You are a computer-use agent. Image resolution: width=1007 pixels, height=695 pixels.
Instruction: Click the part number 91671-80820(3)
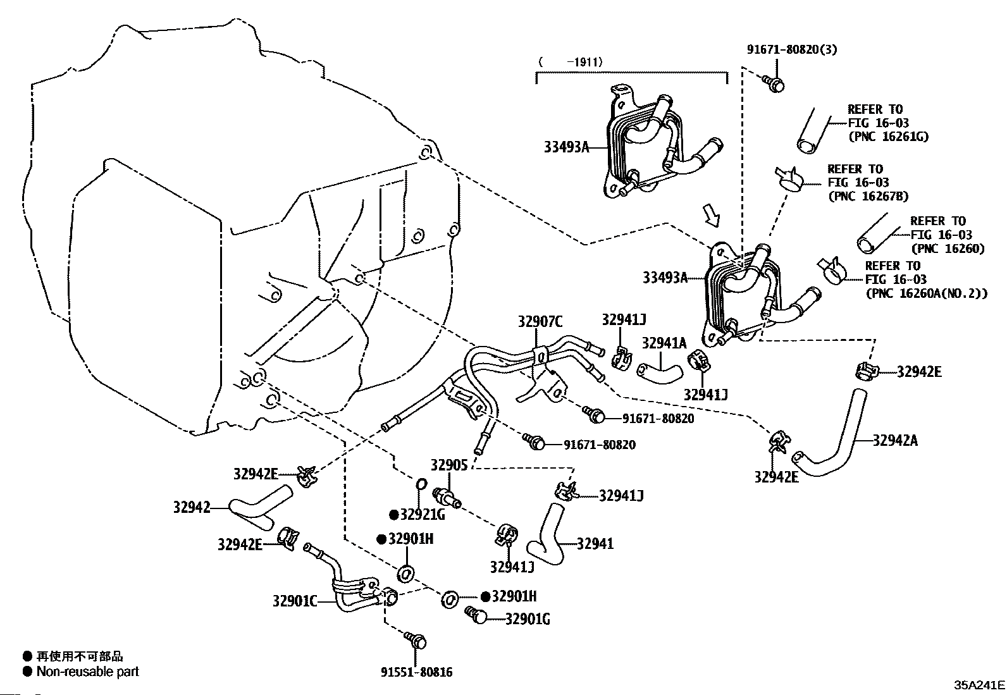[x=792, y=49]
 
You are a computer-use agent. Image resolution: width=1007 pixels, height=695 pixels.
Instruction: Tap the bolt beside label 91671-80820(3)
[x=774, y=83]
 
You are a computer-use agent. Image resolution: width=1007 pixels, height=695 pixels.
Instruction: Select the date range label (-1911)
[x=571, y=61]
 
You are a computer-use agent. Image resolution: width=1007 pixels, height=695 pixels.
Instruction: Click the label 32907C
[x=540, y=321]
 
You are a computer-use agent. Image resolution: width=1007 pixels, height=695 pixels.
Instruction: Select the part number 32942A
[x=895, y=441]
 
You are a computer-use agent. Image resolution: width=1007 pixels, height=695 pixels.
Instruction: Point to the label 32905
[x=449, y=465]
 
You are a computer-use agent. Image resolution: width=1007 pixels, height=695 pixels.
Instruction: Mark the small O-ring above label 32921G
[x=421, y=484]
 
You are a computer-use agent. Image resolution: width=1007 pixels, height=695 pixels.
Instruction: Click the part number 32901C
[x=295, y=601]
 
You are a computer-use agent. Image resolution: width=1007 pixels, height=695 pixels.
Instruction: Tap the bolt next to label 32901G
[x=476, y=615]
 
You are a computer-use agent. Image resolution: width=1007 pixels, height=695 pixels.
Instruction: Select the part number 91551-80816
[x=417, y=672]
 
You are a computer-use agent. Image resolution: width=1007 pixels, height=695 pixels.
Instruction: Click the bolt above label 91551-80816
[x=416, y=641]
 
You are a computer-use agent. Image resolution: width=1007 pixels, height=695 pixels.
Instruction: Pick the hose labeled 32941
[x=547, y=535]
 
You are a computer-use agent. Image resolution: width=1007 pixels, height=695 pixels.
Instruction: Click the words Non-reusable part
[x=88, y=672]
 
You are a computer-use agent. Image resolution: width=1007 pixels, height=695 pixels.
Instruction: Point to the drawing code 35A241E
[x=979, y=686]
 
